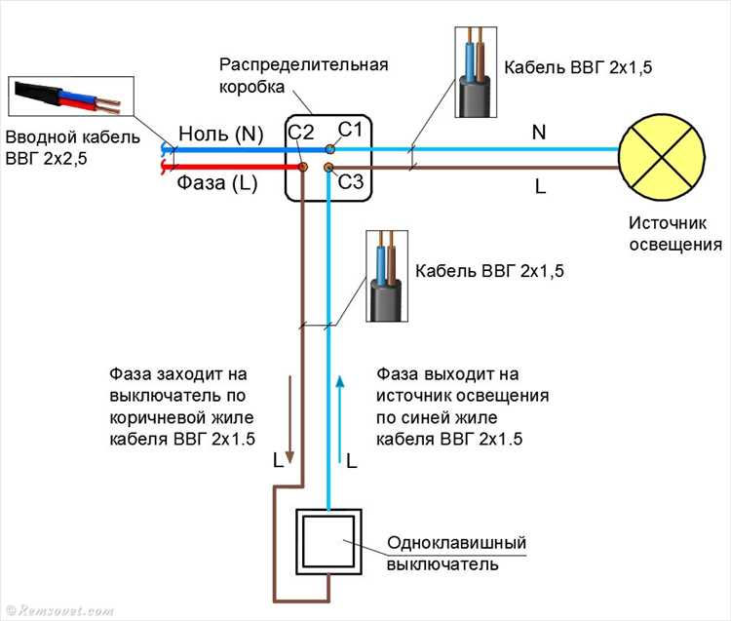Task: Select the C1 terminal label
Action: click(350, 130)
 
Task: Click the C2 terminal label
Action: click(300, 132)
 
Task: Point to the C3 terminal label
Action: click(350, 180)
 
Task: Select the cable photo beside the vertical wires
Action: click(386, 276)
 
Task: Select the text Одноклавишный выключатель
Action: click(456, 553)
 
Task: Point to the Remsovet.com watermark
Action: click(59, 611)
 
